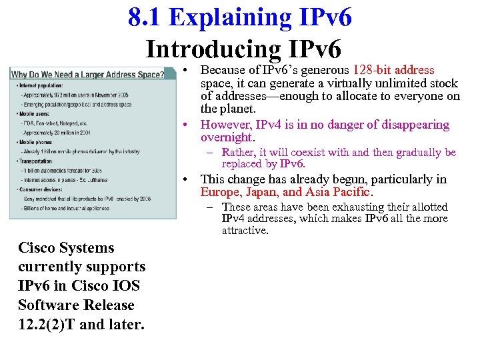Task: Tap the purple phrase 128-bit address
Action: coord(393,70)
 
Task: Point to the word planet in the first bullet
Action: coord(237,109)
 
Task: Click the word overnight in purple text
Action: coord(226,137)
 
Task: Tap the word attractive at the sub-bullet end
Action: coord(245,231)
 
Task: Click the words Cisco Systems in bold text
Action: coord(66,248)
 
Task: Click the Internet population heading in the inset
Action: coord(42,86)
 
